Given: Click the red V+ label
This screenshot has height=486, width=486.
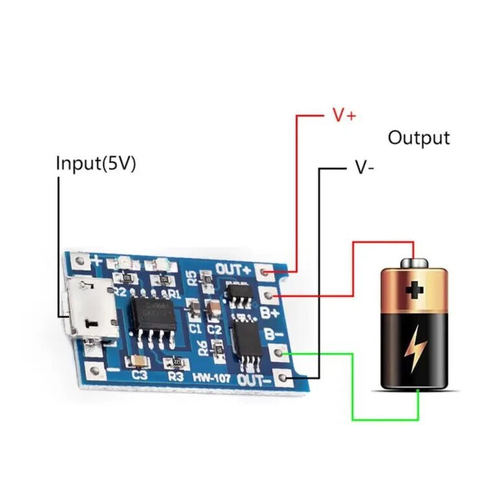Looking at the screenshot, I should [344, 115].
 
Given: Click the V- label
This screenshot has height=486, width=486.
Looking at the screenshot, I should [364, 167].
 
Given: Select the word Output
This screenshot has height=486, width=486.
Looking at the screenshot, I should [419, 137].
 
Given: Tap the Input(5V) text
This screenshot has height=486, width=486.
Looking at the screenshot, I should [96, 163].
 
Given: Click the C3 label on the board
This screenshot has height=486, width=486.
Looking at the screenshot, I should [139, 375].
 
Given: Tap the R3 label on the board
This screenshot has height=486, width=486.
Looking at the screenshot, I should [176, 375].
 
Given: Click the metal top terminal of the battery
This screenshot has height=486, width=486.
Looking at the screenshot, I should [413, 262].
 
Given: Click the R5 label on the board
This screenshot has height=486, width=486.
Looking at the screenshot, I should [192, 278].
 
